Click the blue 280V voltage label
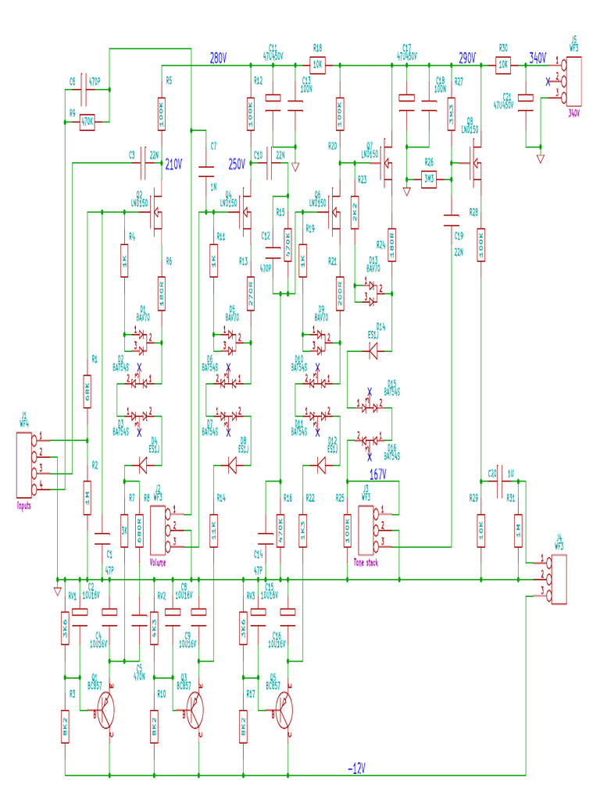[x=218, y=58]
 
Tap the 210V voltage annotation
[x=173, y=164]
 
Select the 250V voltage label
[x=237, y=164]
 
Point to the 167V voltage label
[x=378, y=474]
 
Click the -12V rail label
[x=355, y=769]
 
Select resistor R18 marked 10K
[x=318, y=65]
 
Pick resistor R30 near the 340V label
[x=504, y=66]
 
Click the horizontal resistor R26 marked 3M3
[x=428, y=178]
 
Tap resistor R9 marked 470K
[x=87, y=121]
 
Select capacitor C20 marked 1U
[x=498, y=482]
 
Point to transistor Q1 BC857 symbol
[x=108, y=712]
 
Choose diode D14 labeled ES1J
[x=373, y=352]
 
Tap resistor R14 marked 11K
[x=213, y=528]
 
